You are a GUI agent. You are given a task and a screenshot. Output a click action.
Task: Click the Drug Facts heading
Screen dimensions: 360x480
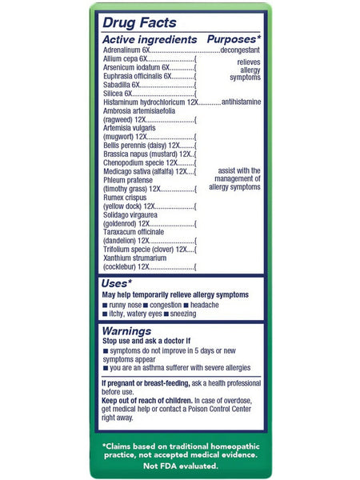click(139, 23)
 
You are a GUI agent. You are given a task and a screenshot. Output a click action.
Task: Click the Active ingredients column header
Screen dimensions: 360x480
click(150, 39)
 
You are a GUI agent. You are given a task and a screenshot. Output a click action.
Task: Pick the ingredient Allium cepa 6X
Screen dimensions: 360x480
click(121, 58)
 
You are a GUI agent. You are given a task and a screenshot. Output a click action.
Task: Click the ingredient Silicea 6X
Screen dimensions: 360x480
click(118, 94)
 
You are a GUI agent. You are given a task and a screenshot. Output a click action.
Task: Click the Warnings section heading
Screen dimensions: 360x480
click(126, 330)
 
